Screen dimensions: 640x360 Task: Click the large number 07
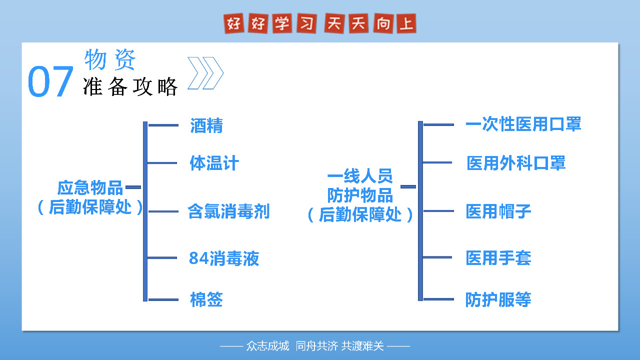[50, 81]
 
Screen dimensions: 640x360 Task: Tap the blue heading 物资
[110, 59]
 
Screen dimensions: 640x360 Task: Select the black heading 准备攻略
[130, 86]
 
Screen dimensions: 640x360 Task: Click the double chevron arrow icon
[205, 73]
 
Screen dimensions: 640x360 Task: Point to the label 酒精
[206, 125]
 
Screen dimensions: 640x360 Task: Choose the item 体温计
[214, 163]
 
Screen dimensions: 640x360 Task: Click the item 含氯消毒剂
[228, 211]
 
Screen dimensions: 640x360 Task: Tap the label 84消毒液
[224, 258]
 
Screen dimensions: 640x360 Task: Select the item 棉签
[206, 299]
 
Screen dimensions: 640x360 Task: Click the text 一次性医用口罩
[523, 124]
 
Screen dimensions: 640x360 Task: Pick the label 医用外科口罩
[516, 163]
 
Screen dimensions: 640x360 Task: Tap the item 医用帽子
[498, 211]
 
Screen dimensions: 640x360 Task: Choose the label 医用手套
[498, 258]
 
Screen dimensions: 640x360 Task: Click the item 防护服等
[498, 299]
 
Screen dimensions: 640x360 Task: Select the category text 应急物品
[90, 187]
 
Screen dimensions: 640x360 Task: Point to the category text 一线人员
[360, 175]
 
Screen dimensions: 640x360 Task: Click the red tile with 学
[282, 23]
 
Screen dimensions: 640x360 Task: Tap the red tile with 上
[406, 23]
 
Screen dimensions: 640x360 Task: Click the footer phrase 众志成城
[267, 346]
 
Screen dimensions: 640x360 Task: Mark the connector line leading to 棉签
[163, 299]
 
